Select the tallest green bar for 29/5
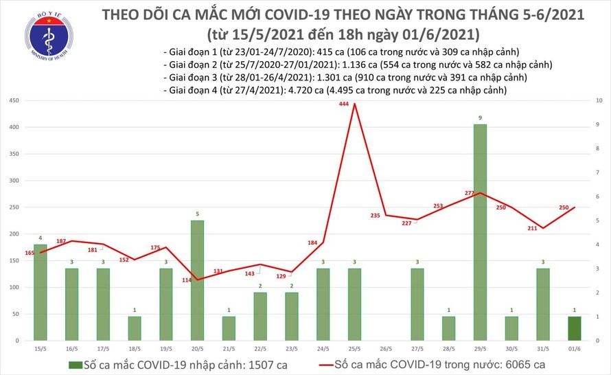click(x=479, y=231)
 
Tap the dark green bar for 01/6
click(x=573, y=328)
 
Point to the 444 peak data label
click(x=345, y=104)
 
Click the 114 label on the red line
click(x=185, y=280)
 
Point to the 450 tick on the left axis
click(x=14, y=101)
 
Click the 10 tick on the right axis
click(x=599, y=101)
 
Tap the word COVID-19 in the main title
click(x=304, y=14)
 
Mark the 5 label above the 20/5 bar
click(x=196, y=214)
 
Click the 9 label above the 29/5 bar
click(x=479, y=118)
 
